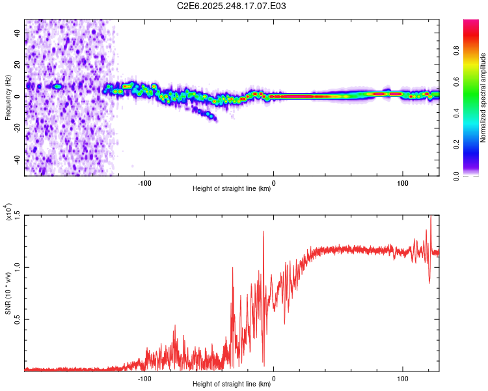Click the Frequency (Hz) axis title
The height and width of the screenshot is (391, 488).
coord(8,98)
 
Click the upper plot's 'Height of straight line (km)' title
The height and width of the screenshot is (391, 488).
coord(232,189)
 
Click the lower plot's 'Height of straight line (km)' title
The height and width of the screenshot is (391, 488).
coord(232,384)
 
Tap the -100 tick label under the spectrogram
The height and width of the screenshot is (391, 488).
coord(144,182)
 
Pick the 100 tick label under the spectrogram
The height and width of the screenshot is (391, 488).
coord(403,182)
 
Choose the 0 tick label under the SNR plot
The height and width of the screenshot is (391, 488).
coord(273,377)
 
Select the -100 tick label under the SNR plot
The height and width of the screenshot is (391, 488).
coord(144,377)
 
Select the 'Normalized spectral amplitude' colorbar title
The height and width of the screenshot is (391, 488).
coord(483,98)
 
